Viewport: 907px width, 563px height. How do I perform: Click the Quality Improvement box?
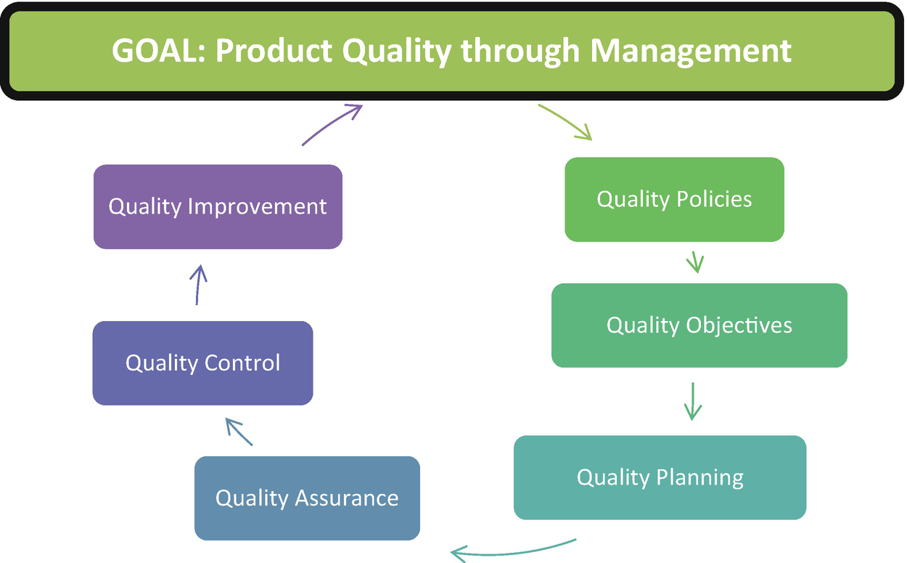[218, 207]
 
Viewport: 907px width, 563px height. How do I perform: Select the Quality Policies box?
[675, 200]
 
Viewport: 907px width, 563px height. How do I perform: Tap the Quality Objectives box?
[699, 325]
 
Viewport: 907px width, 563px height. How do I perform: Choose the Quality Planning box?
[660, 477]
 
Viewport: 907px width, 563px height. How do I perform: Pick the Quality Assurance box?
[308, 498]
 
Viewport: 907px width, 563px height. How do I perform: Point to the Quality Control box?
[203, 363]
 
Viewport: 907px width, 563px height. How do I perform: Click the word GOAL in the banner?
[158, 51]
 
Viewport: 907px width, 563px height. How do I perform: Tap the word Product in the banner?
[274, 51]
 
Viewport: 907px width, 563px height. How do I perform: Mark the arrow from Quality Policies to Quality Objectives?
[695, 262]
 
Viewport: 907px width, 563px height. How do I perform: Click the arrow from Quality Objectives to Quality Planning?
[693, 401]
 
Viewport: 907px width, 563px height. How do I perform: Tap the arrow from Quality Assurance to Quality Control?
[239, 432]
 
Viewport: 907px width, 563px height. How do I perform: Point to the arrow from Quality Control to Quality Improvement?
[198, 285]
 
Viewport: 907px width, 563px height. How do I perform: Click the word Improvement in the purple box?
[257, 207]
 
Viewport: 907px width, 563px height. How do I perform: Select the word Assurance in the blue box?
[347, 498]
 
